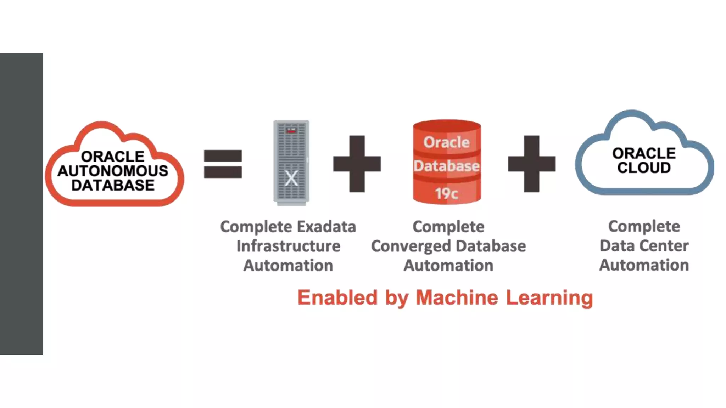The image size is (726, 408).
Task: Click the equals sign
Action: click(223, 164)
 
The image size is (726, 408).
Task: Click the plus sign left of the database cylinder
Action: click(357, 164)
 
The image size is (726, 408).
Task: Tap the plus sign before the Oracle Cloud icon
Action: click(531, 164)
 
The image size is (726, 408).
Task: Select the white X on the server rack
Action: click(291, 178)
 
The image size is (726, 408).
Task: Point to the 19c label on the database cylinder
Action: click(447, 193)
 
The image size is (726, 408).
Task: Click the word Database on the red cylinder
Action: click(447, 166)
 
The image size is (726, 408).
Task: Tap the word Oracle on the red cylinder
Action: click(447, 142)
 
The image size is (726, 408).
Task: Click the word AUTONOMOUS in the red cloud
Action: click(113, 171)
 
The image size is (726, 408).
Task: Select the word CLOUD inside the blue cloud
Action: click(644, 168)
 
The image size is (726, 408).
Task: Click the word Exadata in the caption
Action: click(326, 227)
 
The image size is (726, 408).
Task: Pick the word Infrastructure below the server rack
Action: click(288, 246)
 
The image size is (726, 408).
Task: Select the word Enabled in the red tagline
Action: click(337, 297)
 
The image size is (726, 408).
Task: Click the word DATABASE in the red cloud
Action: click(113, 185)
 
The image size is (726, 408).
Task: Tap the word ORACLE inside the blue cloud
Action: click(644, 153)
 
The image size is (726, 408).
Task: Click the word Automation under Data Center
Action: click(644, 265)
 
